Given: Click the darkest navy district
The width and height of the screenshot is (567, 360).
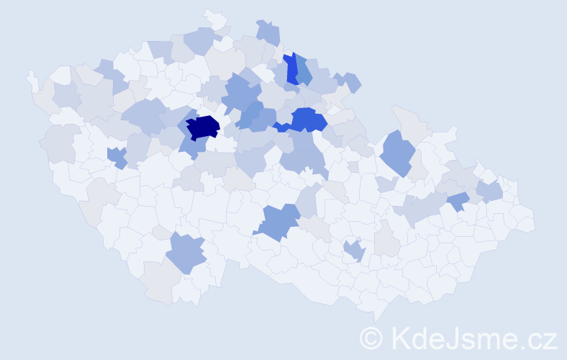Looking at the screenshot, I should point(202,127).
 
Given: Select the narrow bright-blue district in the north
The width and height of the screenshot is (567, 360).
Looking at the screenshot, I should point(291,69).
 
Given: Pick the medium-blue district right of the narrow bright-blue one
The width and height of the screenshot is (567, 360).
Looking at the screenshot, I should point(304,71).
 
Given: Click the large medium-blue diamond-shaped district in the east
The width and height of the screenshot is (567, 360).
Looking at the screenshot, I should point(397,153).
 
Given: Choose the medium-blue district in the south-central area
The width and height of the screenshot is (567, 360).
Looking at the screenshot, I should point(278,221).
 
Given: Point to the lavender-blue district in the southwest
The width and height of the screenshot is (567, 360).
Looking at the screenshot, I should point(186,253).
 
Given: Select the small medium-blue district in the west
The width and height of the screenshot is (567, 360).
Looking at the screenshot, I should point(117,156).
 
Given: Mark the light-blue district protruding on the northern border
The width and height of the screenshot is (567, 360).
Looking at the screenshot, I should point(268,32).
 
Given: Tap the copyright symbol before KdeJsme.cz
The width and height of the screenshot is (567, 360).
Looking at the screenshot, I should point(371,338).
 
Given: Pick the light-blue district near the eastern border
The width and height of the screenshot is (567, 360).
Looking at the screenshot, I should point(489,191).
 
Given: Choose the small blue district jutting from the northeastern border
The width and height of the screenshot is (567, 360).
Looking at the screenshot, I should point(352,82).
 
